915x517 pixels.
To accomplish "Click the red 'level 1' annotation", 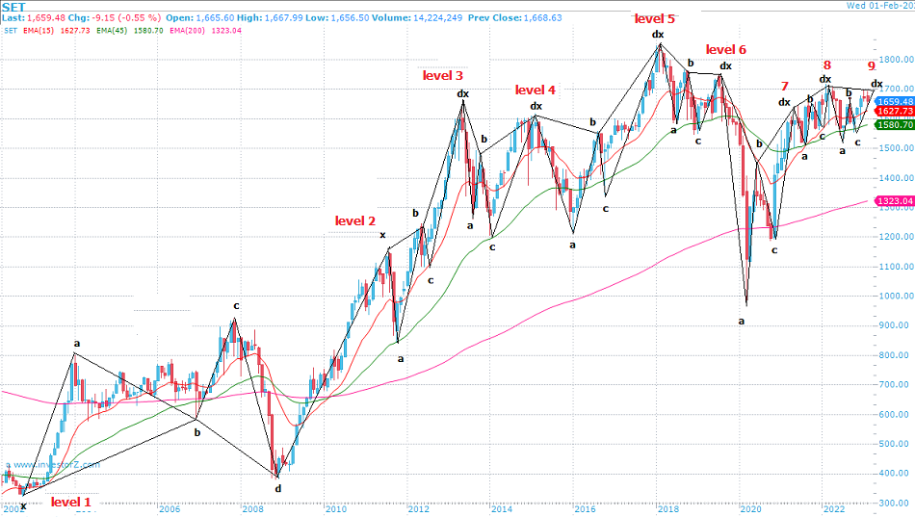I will pyautogui.click(x=71, y=502).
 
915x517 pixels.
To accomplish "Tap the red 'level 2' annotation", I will pyautogui.click(x=355, y=220).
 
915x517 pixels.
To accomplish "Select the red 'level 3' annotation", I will pyautogui.click(x=442, y=75).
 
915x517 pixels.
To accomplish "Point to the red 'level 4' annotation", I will pyautogui.click(x=535, y=90).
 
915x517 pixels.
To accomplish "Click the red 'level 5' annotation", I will pyautogui.click(x=654, y=17).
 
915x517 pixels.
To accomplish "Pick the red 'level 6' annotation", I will pyautogui.click(x=725, y=49).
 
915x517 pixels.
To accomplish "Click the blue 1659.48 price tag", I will pyautogui.click(x=893, y=101).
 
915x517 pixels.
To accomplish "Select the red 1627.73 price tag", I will pyautogui.click(x=893, y=112).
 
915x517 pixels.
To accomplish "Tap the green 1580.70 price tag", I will pyautogui.click(x=893, y=124).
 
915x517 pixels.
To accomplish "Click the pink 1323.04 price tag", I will pyautogui.click(x=893, y=201).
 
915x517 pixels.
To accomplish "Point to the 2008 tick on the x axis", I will pyautogui.click(x=251, y=508).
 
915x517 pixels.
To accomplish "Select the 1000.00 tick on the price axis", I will pyautogui.click(x=893, y=296).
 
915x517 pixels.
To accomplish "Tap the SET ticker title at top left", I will pyautogui.click(x=14, y=6).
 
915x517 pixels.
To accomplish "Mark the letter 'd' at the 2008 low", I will pyautogui.click(x=278, y=487).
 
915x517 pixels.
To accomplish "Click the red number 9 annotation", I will pyautogui.click(x=872, y=65).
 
